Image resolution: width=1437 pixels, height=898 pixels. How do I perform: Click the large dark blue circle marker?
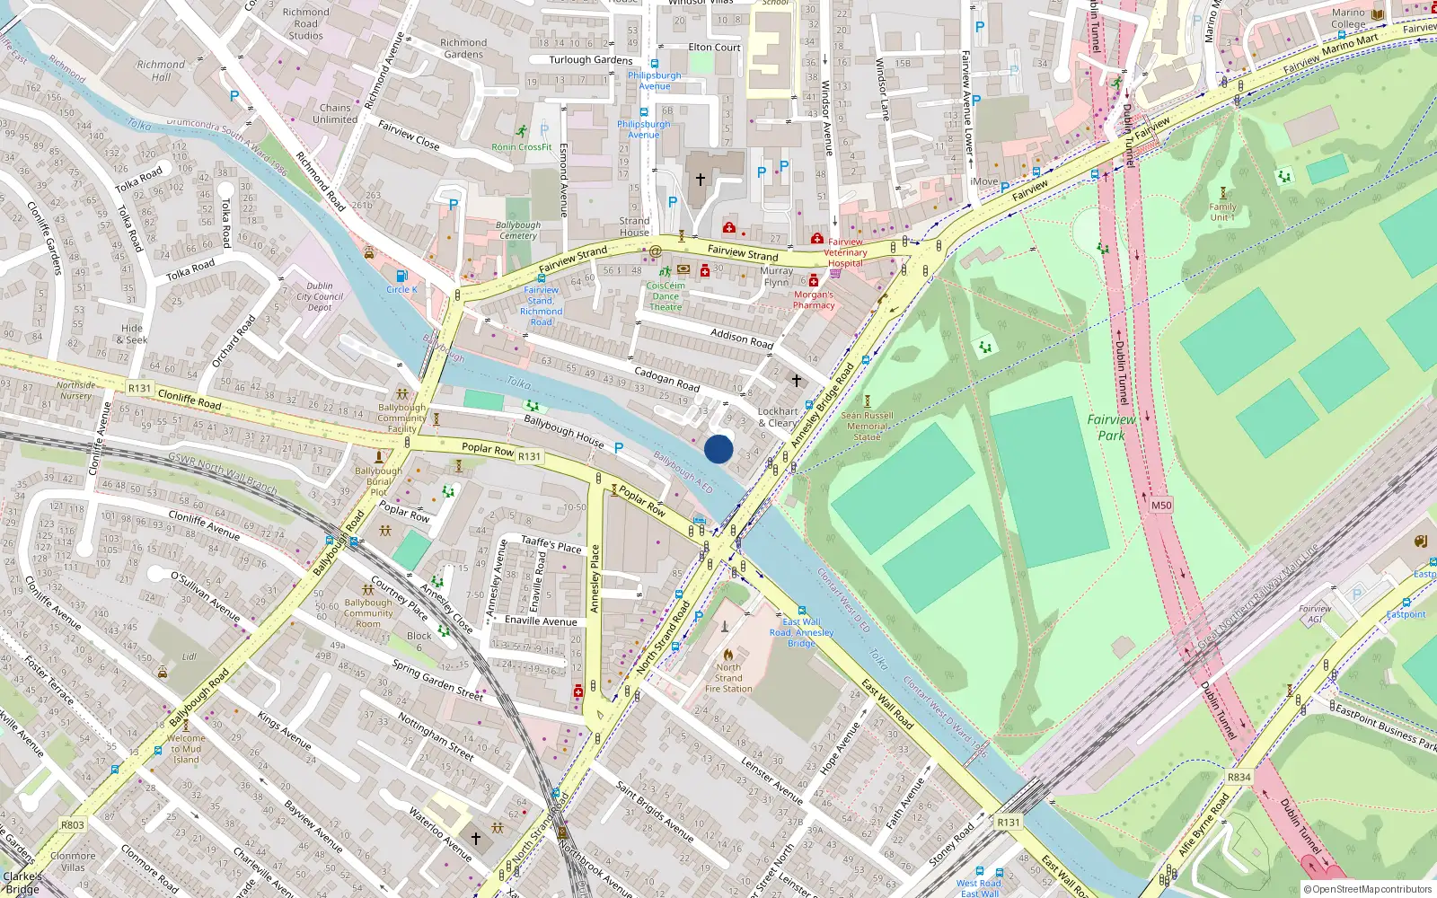coord(718,449)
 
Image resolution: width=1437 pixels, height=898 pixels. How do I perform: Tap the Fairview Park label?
coord(1111,427)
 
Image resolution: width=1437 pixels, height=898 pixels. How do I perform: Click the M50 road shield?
coord(1161,506)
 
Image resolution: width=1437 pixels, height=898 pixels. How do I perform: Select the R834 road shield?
coord(1239,777)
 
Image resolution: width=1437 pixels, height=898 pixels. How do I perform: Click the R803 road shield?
coord(73,824)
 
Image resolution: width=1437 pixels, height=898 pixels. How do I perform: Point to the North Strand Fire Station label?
coord(728,678)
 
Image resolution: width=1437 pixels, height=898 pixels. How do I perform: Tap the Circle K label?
coord(401,289)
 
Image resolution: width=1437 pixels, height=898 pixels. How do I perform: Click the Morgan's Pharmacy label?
coord(814,300)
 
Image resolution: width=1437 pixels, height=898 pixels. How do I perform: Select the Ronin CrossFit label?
coord(522,147)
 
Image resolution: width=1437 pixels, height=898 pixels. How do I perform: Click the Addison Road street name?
coord(742,339)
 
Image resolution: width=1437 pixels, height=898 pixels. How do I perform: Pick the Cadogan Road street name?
coord(666,379)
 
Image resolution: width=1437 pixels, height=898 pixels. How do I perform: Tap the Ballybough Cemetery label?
coord(518,231)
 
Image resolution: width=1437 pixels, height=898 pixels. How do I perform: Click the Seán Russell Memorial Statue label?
coord(867,426)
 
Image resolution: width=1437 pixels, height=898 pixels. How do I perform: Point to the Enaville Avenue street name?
coord(541,621)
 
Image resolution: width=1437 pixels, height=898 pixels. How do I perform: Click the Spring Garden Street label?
coord(437,680)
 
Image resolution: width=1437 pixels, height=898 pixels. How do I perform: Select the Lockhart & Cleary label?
coord(778,418)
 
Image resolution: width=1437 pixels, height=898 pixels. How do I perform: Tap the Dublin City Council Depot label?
coord(320,296)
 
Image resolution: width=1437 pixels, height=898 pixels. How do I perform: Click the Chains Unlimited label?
coord(335,113)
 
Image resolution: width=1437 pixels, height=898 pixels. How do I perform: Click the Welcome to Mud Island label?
coord(186,749)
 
